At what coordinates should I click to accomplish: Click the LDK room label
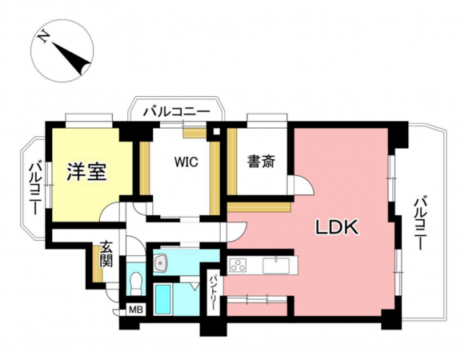click(338, 228)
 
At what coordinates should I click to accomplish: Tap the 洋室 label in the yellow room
click(86, 171)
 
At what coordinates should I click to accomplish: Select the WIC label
click(186, 161)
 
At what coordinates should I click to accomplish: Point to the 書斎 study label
click(261, 162)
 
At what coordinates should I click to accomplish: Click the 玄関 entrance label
click(106, 255)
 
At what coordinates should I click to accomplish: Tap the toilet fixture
click(136, 284)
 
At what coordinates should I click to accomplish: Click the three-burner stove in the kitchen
click(239, 266)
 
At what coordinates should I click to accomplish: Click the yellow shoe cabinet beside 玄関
click(97, 263)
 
